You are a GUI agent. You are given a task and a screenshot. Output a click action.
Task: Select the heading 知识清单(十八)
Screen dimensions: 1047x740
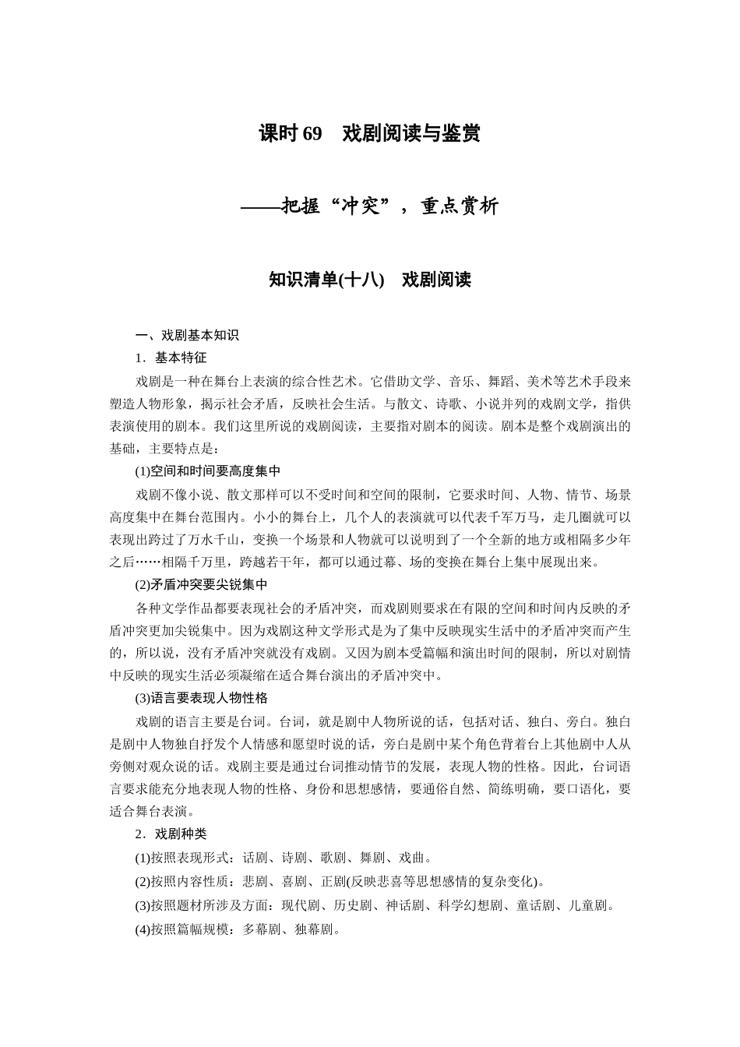[x=326, y=280]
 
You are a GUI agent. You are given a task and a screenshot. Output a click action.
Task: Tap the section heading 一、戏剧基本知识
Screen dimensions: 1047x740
[x=187, y=336]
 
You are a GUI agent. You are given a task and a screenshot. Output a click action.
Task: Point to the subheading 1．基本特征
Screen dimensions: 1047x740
[x=171, y=358]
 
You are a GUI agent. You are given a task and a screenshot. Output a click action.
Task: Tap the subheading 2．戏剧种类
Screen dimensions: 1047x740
[x=171, y=834]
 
